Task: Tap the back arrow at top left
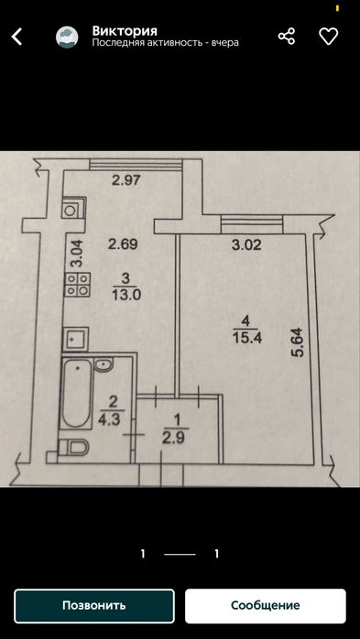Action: click(x=16, y=37)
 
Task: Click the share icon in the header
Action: click(x=287, y=37)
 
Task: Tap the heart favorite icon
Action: click(x=328, y=37)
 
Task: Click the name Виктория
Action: click(x=125, y=30)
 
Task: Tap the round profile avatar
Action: click(x=67, y=38)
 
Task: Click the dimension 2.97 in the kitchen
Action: click(x=126, y=180)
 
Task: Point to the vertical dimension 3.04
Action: click(x=77, y=254)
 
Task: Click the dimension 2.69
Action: click(x=124, y=244)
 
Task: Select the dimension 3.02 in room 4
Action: click(x=246, y=245)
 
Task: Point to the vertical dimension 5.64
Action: click(x=298, y=342)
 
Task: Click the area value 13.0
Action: click(x=126, y=295)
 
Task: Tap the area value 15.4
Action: click(x=247, y=338)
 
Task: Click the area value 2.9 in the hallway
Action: click(x=176, y=439)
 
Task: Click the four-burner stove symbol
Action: click(x=78, y=284)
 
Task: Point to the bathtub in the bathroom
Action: click(x=76, y=394)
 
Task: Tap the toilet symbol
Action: click(x=74, y=448)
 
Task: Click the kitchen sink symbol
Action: click(x=76, y=339)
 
